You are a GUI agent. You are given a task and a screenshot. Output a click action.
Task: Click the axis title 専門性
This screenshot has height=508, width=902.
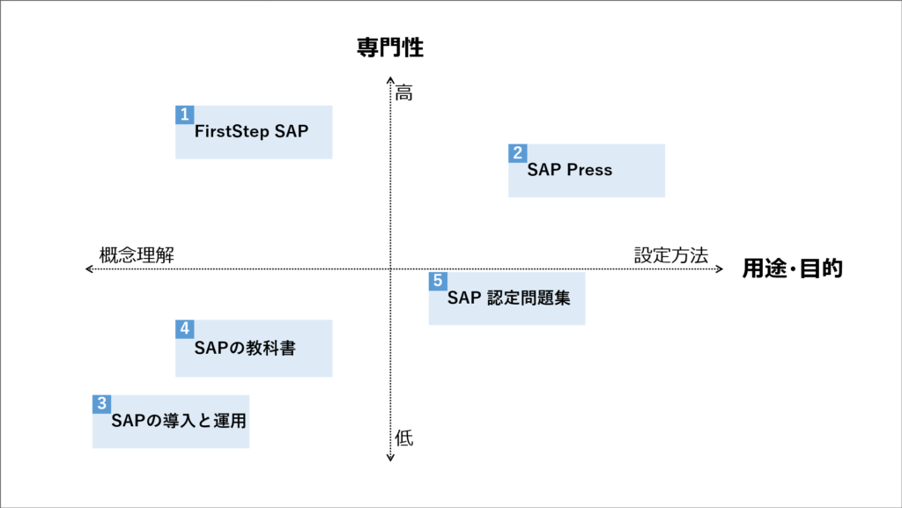390,48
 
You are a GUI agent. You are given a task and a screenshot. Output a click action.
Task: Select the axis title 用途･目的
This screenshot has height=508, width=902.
792,269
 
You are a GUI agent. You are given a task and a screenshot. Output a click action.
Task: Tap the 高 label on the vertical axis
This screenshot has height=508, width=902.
403,92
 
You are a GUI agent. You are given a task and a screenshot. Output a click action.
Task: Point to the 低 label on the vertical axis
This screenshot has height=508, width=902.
403,438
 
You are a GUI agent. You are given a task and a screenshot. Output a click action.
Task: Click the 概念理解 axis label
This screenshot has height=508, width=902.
137,254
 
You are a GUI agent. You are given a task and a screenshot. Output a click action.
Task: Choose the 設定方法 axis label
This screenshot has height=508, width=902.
671,255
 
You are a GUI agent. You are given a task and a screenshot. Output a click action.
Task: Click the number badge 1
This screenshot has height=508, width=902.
185,114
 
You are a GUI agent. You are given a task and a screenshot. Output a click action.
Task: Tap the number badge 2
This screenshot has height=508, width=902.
518,153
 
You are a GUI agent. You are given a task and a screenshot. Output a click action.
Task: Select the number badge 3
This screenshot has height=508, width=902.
102,404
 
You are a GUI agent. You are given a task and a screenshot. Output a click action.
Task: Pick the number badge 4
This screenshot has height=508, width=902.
185,328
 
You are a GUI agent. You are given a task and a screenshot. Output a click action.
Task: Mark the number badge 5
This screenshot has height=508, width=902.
438,281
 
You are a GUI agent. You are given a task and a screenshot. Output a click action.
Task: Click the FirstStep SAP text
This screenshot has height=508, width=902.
251,131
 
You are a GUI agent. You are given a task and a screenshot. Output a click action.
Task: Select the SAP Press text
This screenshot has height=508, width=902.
570,170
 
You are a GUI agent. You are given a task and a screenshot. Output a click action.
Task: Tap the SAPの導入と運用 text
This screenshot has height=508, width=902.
179,421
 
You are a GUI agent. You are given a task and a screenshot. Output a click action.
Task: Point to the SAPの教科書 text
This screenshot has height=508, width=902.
245,349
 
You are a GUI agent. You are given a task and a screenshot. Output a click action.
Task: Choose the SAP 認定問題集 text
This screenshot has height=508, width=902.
509,298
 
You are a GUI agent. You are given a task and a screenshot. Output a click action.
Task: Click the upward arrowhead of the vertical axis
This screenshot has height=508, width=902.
390,78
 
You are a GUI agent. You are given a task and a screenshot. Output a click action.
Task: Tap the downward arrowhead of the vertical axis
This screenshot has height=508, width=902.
390,459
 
